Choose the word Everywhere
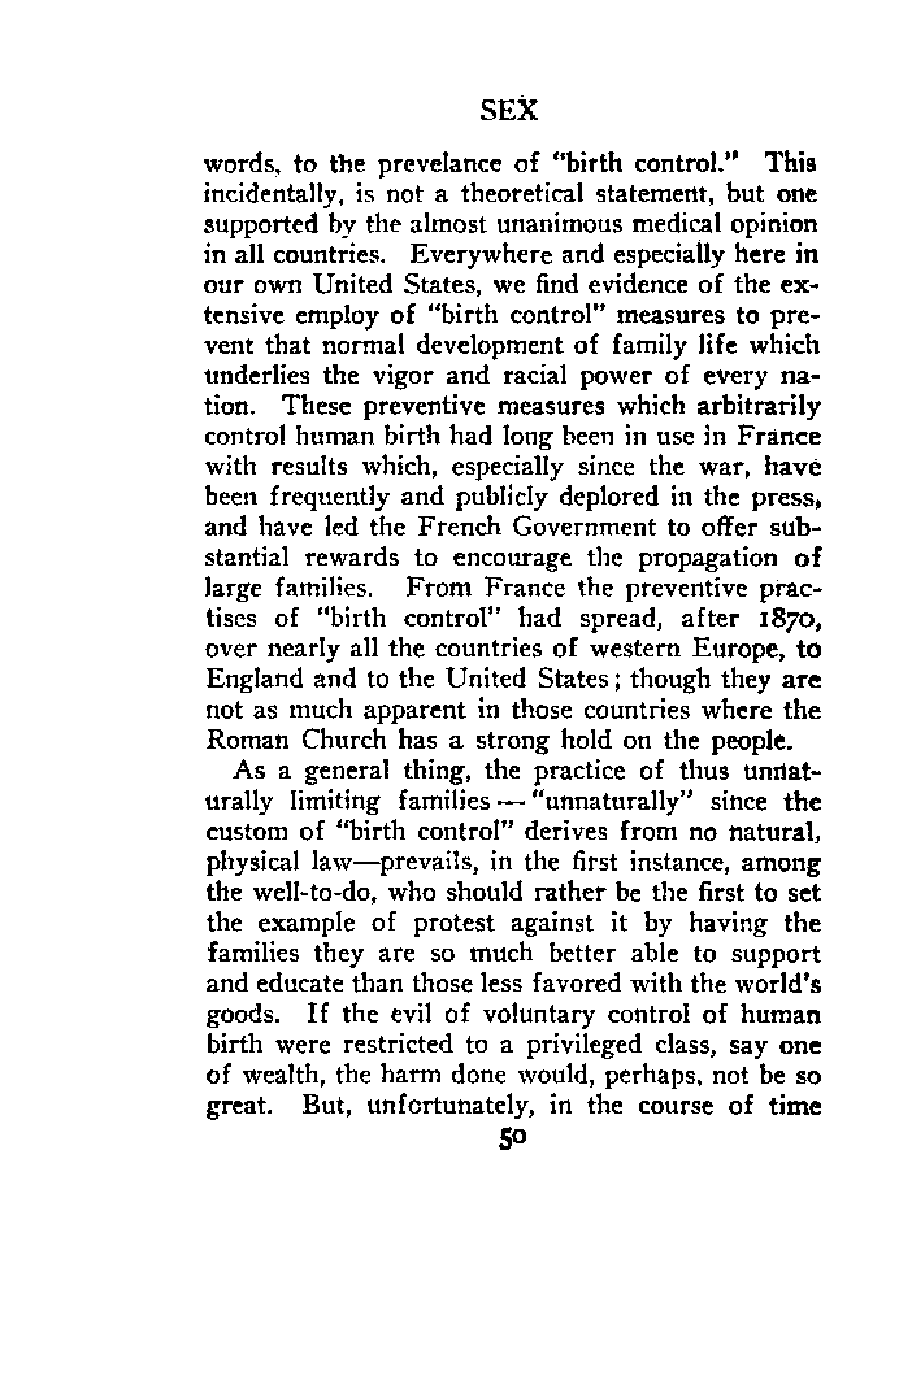475,255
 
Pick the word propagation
702,558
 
